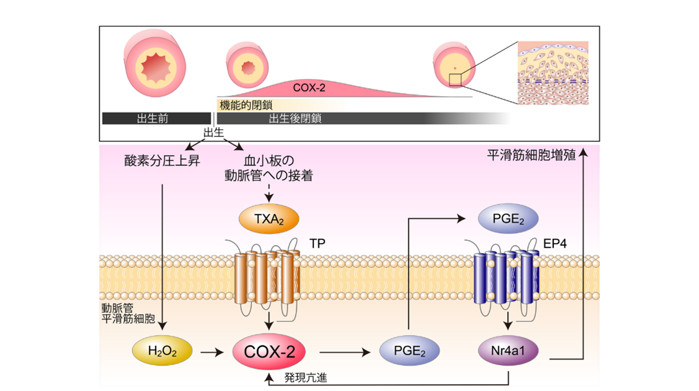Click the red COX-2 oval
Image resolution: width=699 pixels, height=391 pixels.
269,352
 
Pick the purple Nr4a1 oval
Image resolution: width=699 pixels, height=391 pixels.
509,352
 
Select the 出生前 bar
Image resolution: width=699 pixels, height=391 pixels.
156,118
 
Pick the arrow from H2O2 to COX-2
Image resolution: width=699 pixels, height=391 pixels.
209,352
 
